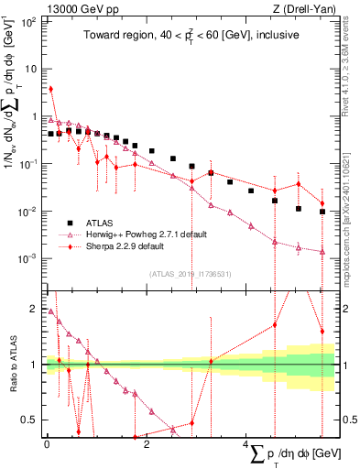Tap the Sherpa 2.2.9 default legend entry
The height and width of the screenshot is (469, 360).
134,246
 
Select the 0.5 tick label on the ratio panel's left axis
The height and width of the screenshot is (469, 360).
33,420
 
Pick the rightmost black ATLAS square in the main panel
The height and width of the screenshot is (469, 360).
322,212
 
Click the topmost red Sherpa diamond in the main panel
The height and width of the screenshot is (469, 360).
50,90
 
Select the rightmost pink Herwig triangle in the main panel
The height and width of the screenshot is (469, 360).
322,252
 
